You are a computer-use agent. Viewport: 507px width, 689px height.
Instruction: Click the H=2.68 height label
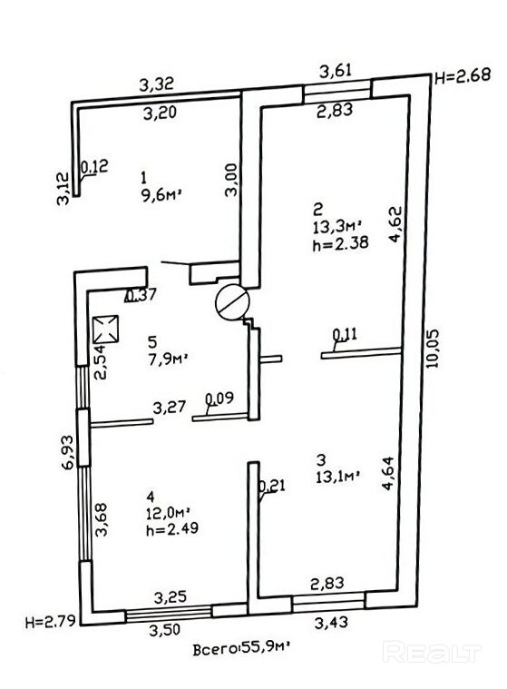(x=463, y=76)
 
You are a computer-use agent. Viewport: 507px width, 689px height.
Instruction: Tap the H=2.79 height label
(x=50, y=621)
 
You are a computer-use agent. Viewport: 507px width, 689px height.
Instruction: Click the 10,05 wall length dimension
(x=432, y=349)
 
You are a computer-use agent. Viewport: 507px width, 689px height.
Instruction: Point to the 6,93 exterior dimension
(x=68, y=453)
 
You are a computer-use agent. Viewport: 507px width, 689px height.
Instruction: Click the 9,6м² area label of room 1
(x=161, y=194)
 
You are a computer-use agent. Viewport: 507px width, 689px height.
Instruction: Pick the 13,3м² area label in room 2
(x=338, y=227)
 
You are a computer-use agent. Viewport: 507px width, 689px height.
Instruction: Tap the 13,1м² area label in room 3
(x=338, y=477)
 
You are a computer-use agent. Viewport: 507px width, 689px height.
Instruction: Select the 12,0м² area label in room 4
(x=169, y=512)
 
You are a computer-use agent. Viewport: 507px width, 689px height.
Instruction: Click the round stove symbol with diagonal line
(x=232, y=303)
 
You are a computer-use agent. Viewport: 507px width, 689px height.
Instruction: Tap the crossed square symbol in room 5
(x=106, y=330)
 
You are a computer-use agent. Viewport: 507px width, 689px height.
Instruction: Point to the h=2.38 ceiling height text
(x=340, y=243)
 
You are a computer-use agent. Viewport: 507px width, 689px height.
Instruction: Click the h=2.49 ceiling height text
(x=172, y=527)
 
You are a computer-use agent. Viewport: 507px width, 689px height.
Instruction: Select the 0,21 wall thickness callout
(x=272, y=486)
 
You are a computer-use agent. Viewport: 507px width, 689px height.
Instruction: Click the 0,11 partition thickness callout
(x=345, y=334)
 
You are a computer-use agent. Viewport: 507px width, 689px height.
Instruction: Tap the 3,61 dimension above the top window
(x=336, y=70)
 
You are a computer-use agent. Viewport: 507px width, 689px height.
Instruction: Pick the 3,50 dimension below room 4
(x=164, y=630)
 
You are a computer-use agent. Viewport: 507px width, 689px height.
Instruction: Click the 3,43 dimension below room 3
(x=331, y=621)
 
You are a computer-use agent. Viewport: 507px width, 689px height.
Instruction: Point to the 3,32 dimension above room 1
(x=157, y=84)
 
